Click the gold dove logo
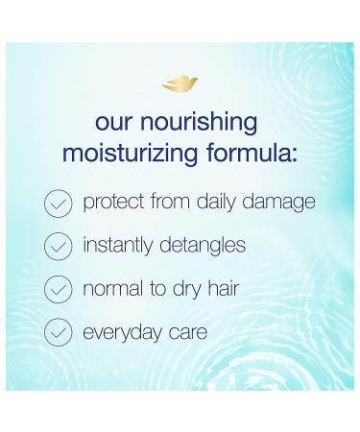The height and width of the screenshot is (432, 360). pos(180,85)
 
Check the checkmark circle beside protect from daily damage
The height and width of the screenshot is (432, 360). pos(59,204)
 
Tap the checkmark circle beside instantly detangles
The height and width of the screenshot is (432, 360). pos(59,247)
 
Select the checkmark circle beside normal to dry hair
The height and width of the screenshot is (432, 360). pos(59,290)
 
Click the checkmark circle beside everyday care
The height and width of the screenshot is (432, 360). pos(59,333)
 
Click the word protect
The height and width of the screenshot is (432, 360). pos(113,204)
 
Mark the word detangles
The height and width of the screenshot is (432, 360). pos(202,247)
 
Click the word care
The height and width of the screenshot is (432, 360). pos(187,333)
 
